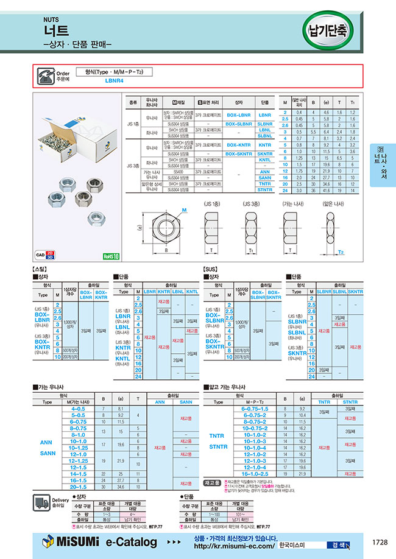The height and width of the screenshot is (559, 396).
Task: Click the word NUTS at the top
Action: point(52,19)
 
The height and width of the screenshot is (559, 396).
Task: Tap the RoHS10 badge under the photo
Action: point(111,257)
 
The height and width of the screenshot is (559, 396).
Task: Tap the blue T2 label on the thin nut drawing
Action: point(341,251)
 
